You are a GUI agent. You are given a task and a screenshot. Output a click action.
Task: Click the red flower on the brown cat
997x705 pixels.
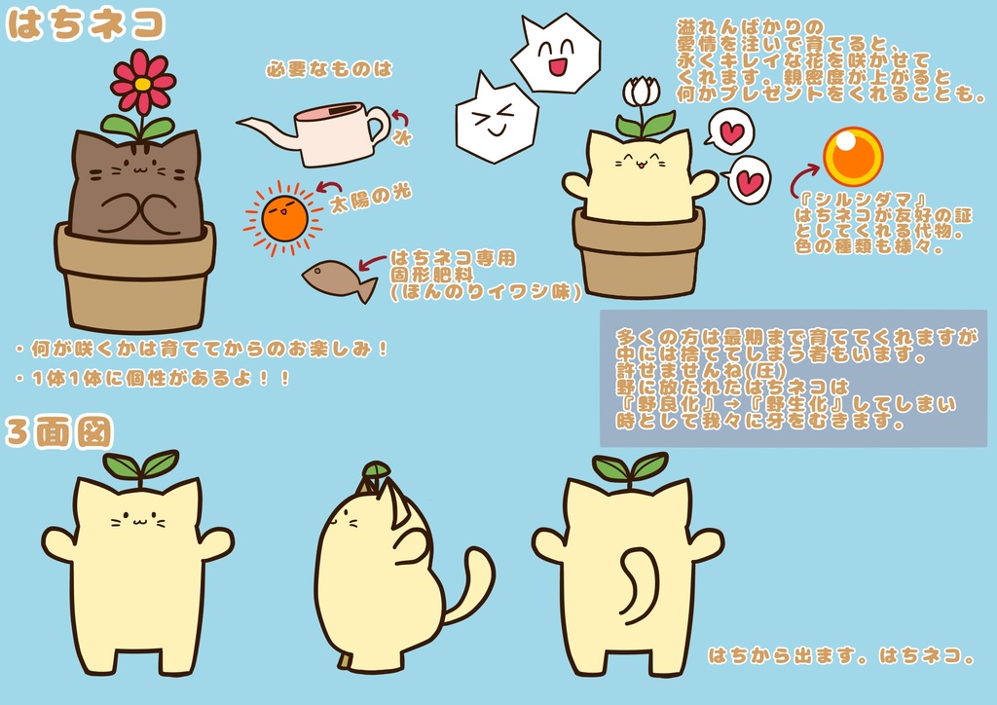click(142, 83)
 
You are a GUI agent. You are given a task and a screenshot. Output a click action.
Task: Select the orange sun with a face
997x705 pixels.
click(284, 217)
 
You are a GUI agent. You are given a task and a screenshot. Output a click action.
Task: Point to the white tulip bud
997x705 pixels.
click(641, 92)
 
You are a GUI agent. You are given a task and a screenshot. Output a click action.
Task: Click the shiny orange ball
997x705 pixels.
click(853, 156)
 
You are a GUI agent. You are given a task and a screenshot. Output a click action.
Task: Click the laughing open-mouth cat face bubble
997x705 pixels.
click(556, 55)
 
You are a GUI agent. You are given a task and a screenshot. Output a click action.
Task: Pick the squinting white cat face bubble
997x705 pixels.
click(496, 119)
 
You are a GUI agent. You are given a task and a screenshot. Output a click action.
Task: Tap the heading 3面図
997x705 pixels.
click(58, 432)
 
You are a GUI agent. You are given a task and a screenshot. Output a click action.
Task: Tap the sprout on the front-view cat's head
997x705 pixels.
click(141, 465)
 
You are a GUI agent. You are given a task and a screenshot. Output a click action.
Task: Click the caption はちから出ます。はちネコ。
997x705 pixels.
click(841, 655)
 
